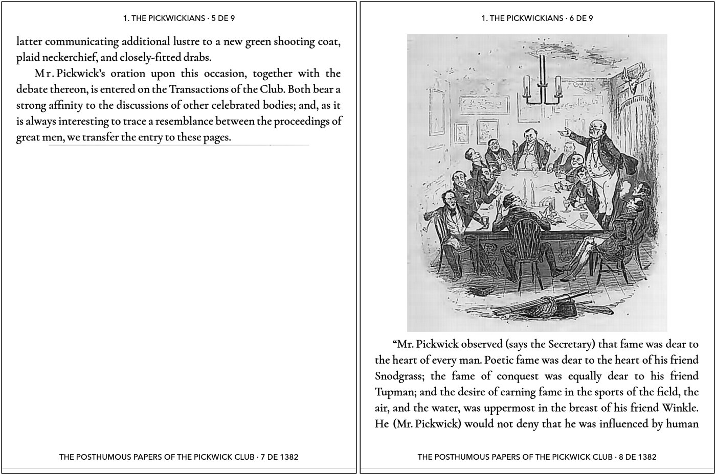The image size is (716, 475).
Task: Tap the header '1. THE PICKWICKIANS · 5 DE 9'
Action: click(179, 18)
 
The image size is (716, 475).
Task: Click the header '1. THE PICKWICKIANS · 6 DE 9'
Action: click(537, 18)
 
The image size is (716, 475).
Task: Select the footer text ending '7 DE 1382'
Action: click(179, 457)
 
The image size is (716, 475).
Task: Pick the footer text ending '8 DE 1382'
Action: click(537, 457)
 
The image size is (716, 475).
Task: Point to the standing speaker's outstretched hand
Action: click(564, 131)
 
